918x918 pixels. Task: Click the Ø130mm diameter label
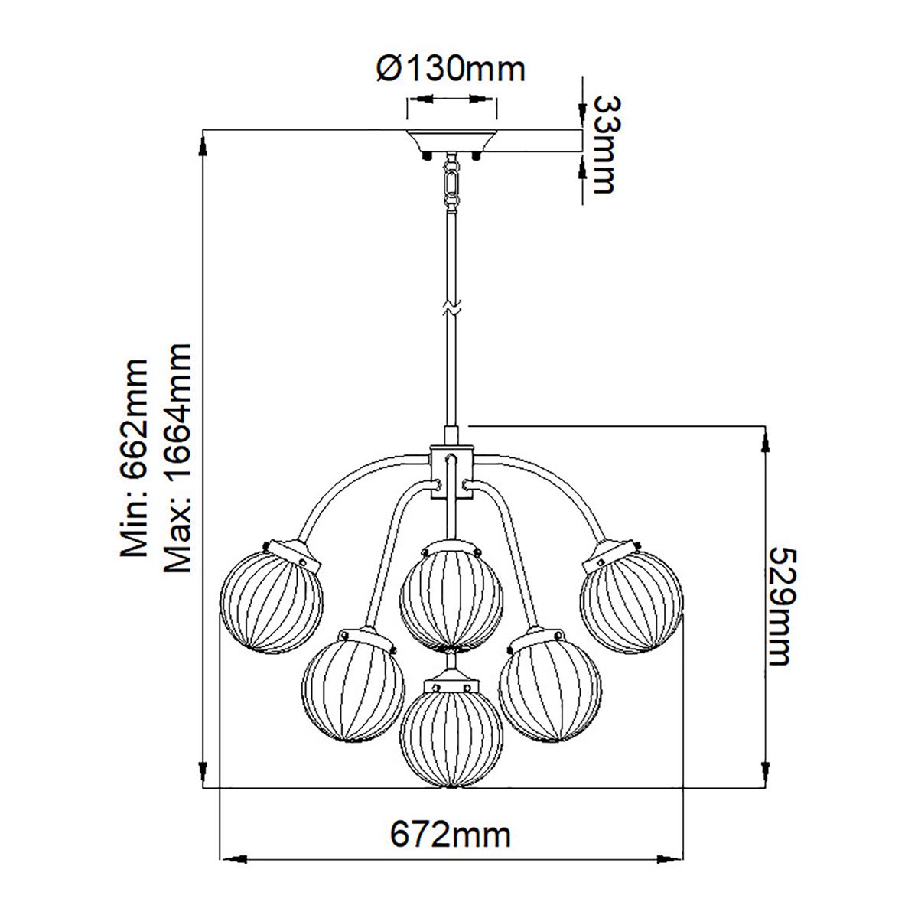451,70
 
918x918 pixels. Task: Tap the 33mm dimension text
604,144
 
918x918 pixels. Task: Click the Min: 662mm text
135,457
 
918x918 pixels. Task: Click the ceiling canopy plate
451,142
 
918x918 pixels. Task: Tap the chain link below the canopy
451,184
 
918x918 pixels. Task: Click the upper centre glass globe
451,594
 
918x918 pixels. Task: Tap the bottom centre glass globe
451,735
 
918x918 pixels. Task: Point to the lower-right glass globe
549,688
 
